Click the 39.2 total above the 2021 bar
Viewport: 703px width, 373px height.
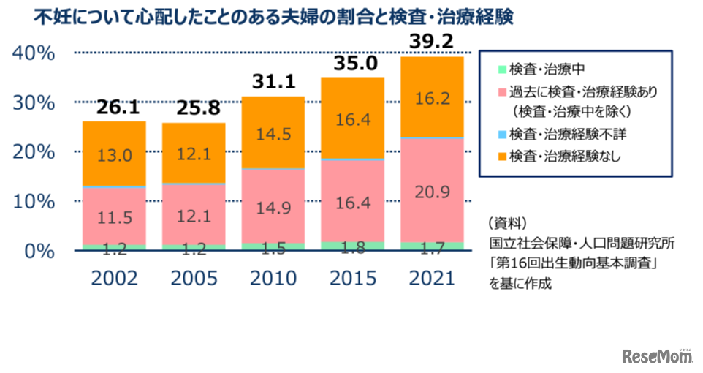click(x=431, y=41)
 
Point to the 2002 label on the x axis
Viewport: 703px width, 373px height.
click(x=114, y=279)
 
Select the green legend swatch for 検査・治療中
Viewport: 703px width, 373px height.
click(x=501, y=71)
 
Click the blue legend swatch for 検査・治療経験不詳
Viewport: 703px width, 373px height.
click(x=501, y=134)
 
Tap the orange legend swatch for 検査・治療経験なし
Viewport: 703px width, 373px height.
click(x=501, y=155)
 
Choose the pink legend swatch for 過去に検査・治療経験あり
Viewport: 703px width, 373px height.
click(x=501, y=92)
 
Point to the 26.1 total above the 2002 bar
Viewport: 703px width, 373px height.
click(x=114, y=108)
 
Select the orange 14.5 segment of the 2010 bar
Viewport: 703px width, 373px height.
click(x=273, y=134)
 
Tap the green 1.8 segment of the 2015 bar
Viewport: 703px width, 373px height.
click(x=352, y=246)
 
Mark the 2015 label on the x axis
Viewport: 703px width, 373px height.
click(x=352, y=279)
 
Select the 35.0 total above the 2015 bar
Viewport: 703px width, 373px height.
click(x=352, y=64)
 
